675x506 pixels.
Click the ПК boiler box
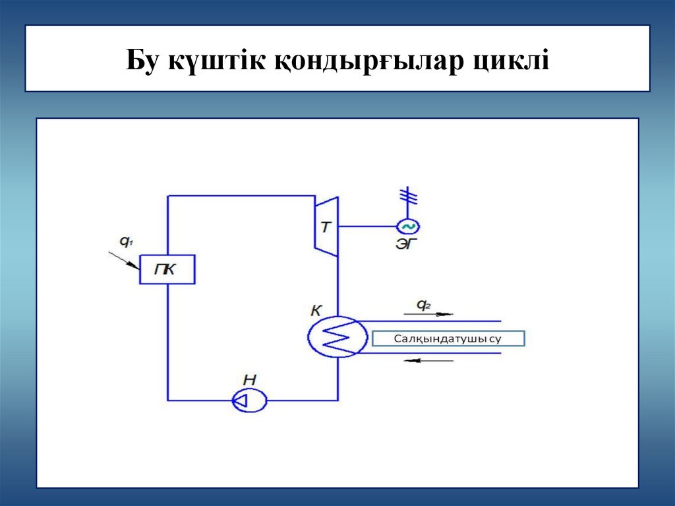click(167, 269)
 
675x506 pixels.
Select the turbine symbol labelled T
click(326, 226)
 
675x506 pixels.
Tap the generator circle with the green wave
click(407, 226)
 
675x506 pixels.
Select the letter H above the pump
click(249, 379)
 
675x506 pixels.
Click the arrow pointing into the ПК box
click(123, 259)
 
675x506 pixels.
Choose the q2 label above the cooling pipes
click(423, 305)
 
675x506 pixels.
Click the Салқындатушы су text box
click(448, 338)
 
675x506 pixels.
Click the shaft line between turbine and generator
click(367, 226)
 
